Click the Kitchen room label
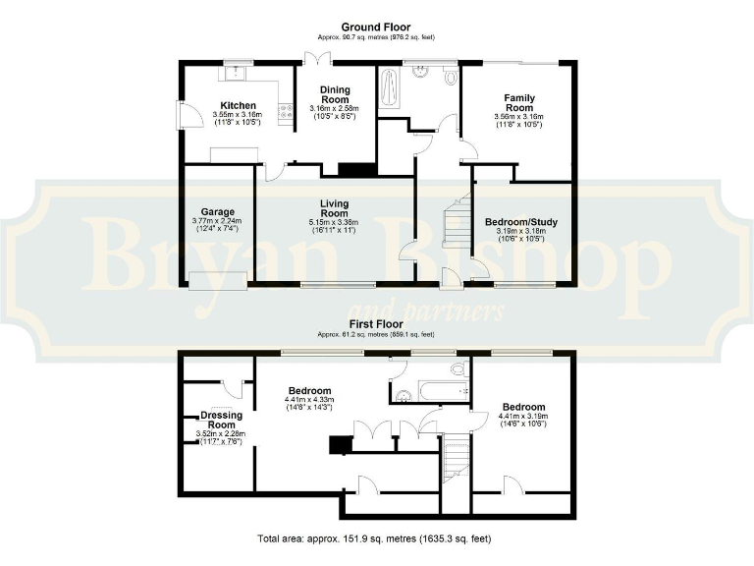tap(238, 105)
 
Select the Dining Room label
tap(335, 94)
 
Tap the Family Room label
tap(519, 102)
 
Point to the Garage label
tap(216, 211)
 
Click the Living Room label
tap(334, 208)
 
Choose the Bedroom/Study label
tap(521, 222)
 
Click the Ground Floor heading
tap(376, 27)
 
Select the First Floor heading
tap(376, 322)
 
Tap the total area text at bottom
tap(374, 538)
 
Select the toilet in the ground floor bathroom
tap(450, 77)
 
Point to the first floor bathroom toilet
tap(457, 369)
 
